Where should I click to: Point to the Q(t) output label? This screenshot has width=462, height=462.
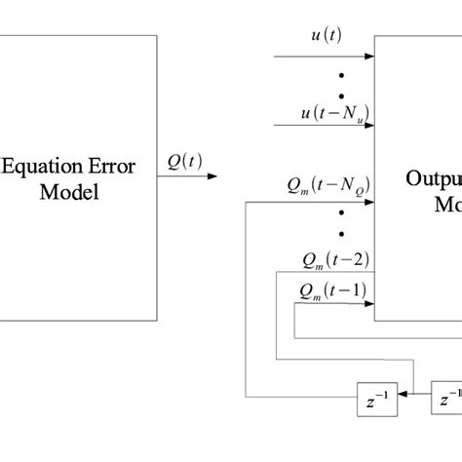[x=185, y=162]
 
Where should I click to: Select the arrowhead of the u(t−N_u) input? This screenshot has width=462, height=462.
[x=370, y=128]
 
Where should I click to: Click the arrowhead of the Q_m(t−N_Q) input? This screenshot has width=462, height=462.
[x=370, y=202]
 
